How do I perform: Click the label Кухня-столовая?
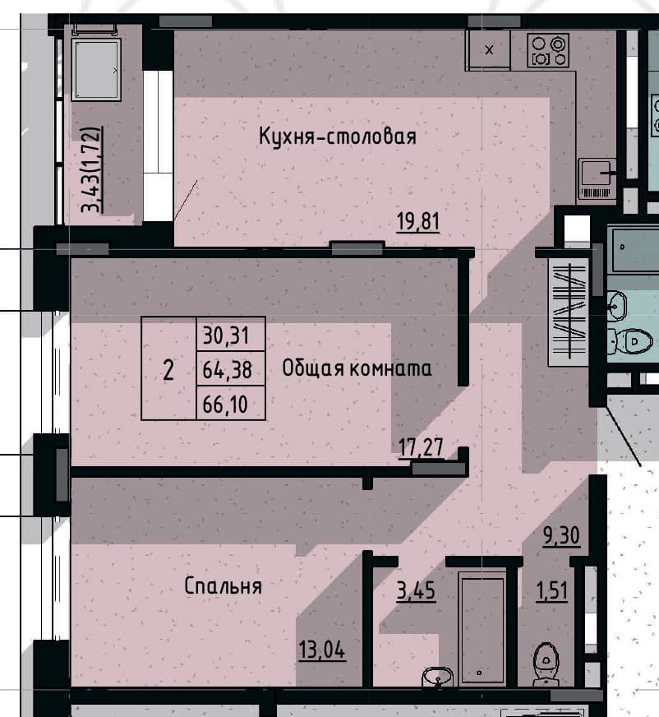point(338,136)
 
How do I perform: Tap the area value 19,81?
point(417,222)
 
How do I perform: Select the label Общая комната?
point(357,368)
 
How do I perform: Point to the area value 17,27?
point(421,447)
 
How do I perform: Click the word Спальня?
point(223,585)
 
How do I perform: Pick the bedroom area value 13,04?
point(322,650)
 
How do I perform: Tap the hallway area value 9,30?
point(561,535)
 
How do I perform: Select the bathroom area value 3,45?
point(416,591)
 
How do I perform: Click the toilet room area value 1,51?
point(551,591)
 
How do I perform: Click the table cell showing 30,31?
point(231,335)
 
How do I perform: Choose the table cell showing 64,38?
point(231,368)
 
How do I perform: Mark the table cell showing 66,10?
point(231,403)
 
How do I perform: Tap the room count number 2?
point(168,369)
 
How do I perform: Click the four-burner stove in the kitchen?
point(548,50)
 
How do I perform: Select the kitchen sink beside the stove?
point(489,49)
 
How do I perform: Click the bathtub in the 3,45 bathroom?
point(482,630)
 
